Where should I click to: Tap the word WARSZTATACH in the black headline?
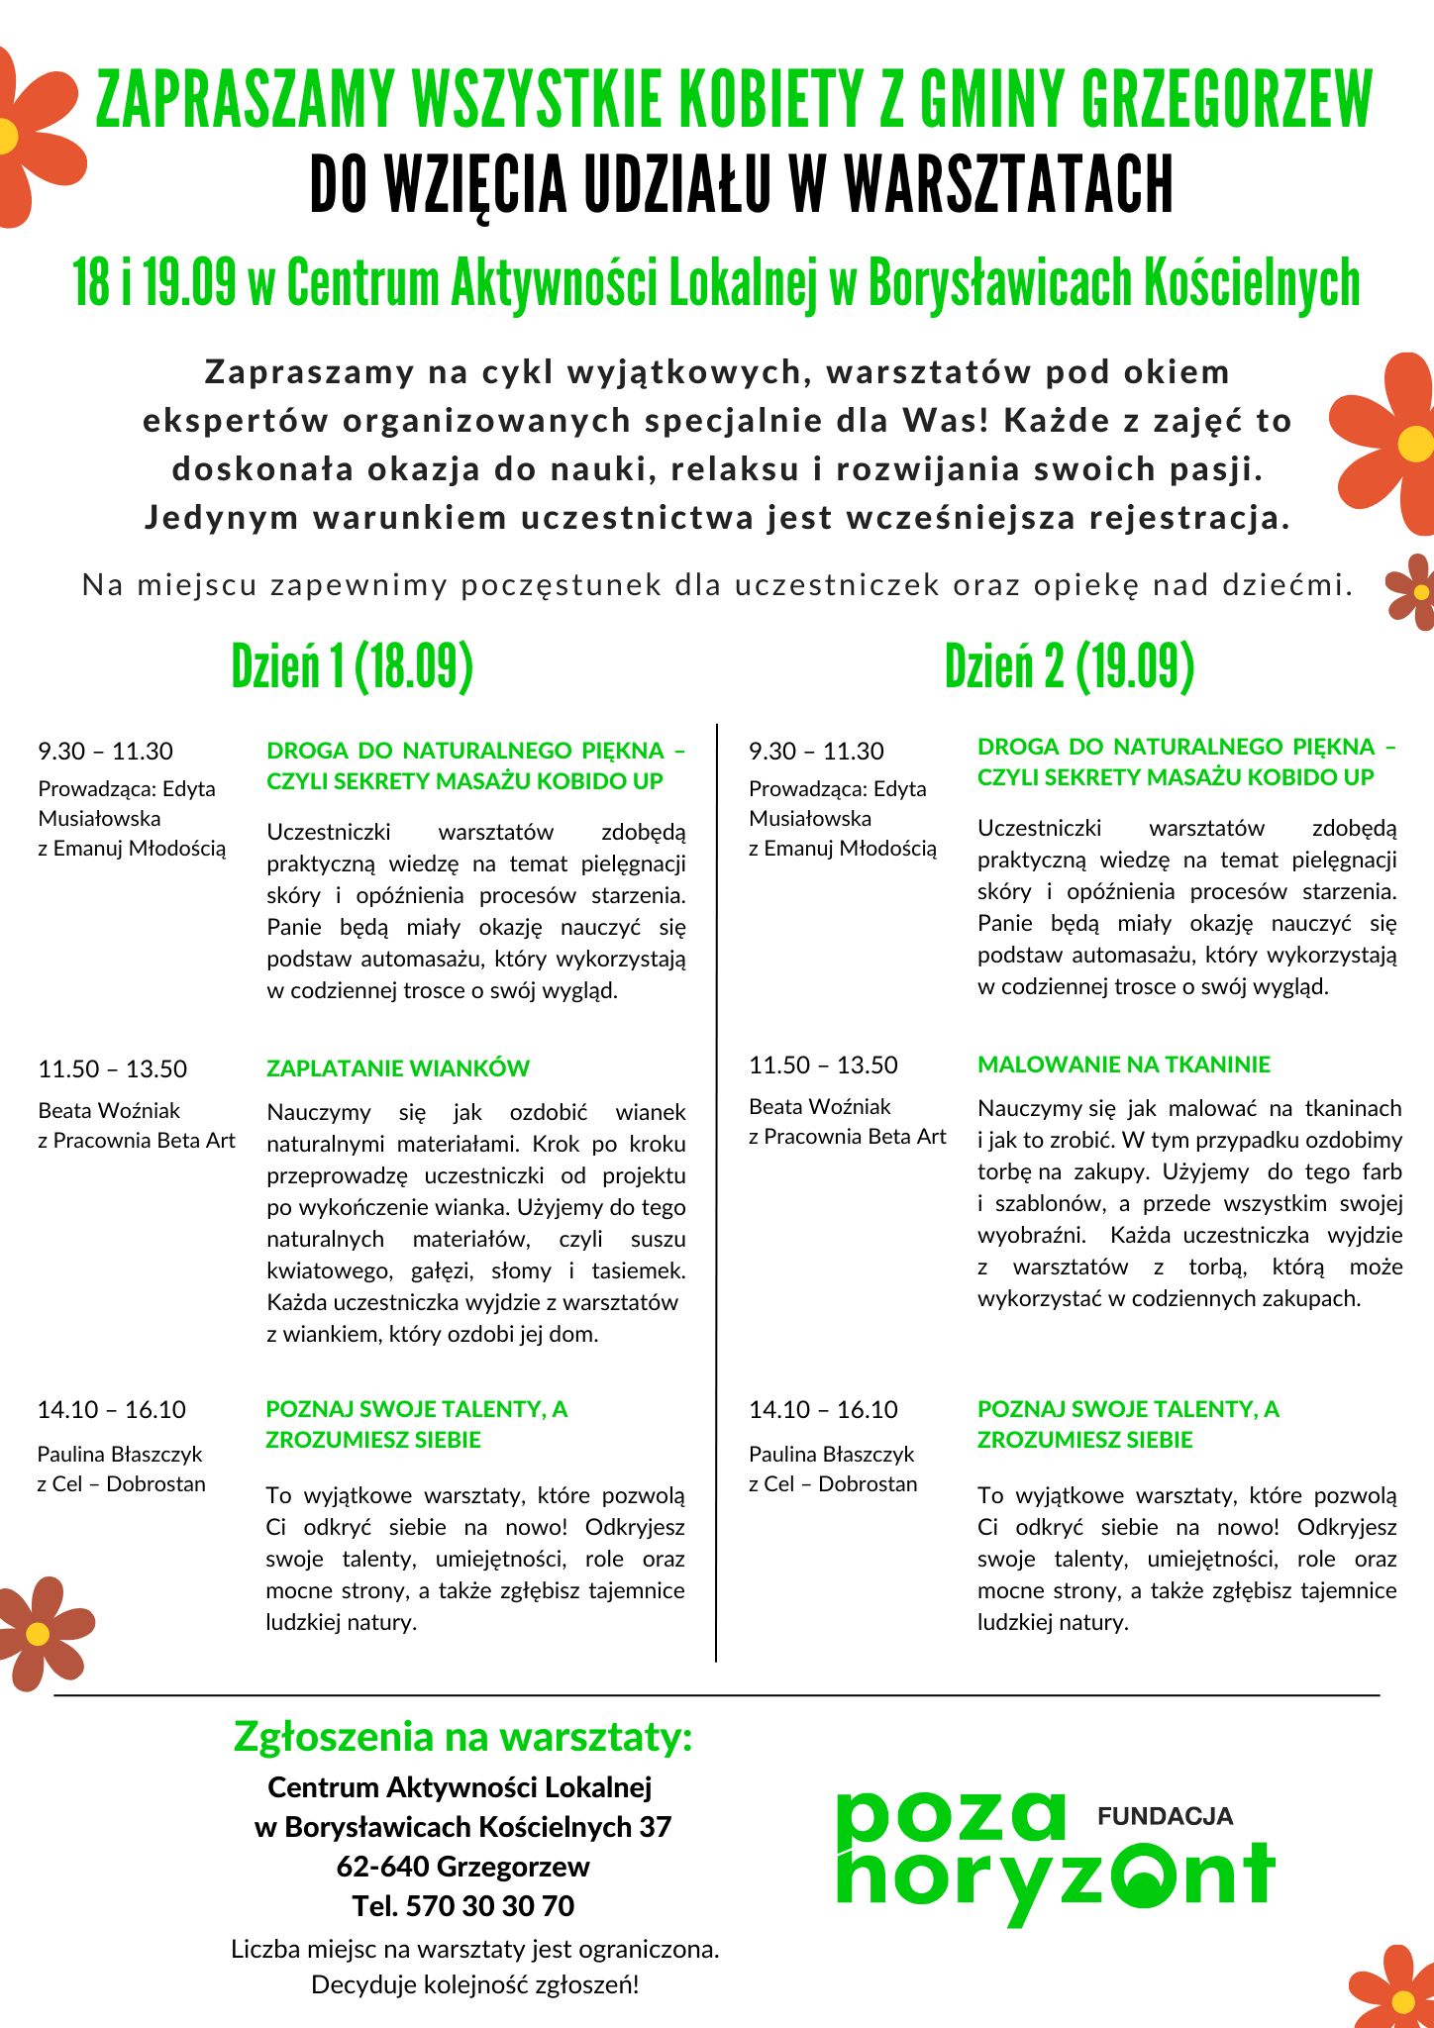pos(1008,185)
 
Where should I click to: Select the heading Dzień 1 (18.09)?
pos(352,665)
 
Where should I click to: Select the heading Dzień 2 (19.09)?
pos(1069,665)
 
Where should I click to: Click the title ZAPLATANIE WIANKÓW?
pos(398,1068)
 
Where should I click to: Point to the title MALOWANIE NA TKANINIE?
pos(1123,1065)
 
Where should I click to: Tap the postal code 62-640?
pos(382,1866)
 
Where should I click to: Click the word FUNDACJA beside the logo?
pos(1165,1816)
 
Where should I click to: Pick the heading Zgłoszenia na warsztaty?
pos(462,1737)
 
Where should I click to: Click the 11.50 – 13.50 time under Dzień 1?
pos(112,1069)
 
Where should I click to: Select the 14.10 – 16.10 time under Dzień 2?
pos(823,1410)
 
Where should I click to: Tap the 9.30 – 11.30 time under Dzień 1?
pos(105,752)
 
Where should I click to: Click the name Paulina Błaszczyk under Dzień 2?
pos(831,1454)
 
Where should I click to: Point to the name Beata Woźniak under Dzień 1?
pos(109,1110)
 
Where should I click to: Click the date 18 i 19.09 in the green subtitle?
pos(154,283)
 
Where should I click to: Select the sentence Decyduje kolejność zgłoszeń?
pos(474,1984)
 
